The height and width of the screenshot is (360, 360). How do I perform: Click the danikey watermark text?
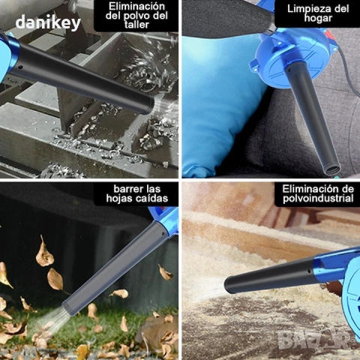coord(48,22)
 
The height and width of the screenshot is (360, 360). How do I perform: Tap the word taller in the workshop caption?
coord(136,25)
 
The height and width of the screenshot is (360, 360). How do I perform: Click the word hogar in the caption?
coord(318,18)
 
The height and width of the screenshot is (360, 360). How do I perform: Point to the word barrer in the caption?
coord(128,189)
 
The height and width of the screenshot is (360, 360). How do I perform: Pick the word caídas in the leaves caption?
coord(154,198)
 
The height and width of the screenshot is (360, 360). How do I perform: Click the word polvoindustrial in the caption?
coord(318,199)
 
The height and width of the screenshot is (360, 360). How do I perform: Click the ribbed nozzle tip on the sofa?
coord(332,170)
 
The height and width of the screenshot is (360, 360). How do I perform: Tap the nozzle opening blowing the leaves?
coord(68,309)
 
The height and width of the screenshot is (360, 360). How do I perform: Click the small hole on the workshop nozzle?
coord(21,67)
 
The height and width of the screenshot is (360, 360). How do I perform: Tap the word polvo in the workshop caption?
coord(137,16)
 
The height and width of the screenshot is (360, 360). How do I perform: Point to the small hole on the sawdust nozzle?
coord(309,271)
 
